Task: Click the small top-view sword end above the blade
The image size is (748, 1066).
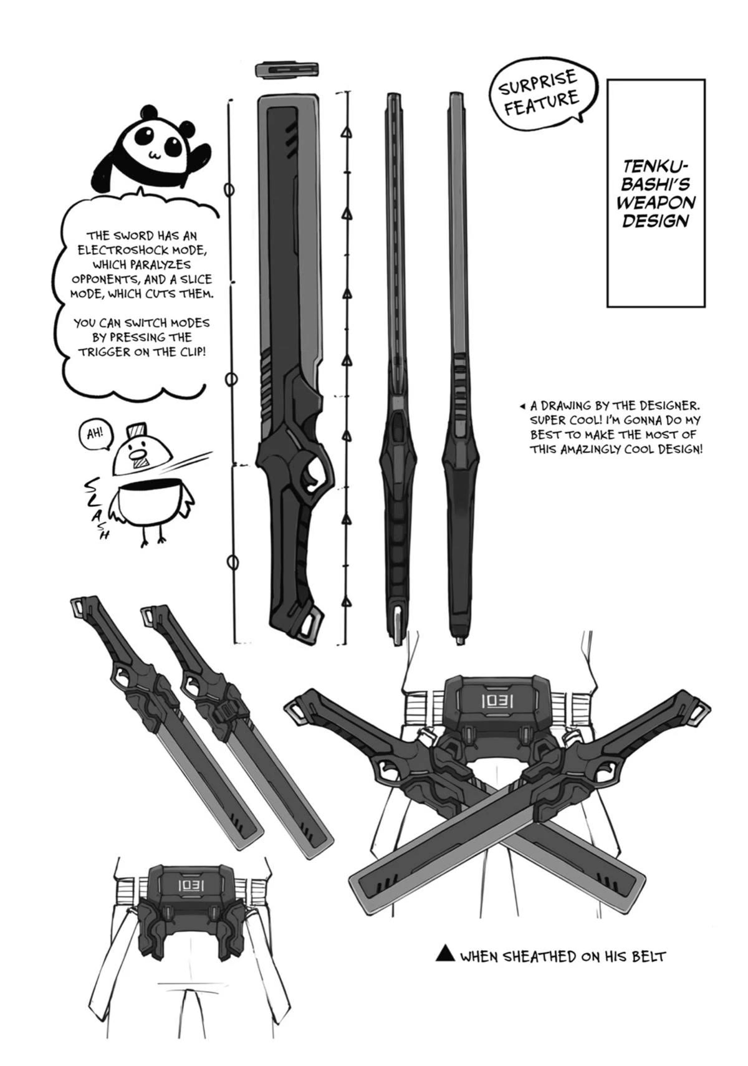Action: (x=288, y=69)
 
